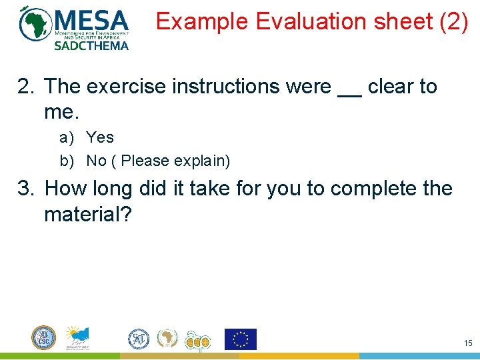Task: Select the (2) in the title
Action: pyautogui.click(x=453, y=23)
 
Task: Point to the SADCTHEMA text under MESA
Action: pyautogui.click(x=91, y=46)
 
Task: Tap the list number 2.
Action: pyautogui.click(x=25, y=87)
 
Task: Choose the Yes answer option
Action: pyautogui.click(x=100, y=138)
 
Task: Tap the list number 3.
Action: pyautogui.click(x=25, y=189)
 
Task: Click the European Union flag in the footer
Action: pyautogui.click(x=240, y=339)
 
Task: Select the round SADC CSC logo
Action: pyautogui.click(x=44, y=338)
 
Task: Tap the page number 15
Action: pyautogui.click(x=467, y=343)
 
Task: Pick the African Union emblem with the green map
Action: pyautogui.click(x=167, y=339)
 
